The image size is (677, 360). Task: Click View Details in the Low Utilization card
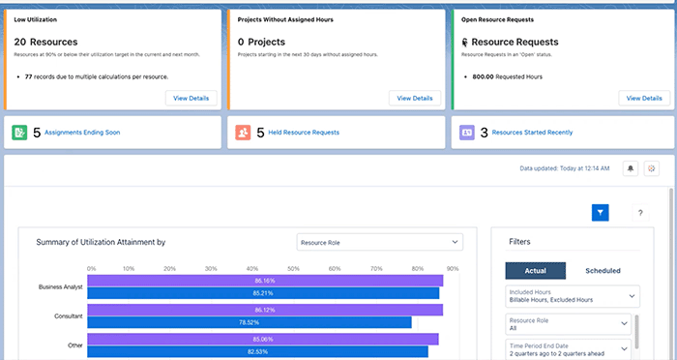pos(191,98)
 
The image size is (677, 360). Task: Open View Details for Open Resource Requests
pos(643,98)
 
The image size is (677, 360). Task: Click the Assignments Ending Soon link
pos(81,132)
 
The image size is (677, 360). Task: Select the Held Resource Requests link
pos(305,132)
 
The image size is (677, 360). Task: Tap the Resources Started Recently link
pos(531,132)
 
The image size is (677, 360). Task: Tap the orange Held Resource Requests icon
pos(243,132)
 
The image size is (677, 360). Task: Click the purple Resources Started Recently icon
pos(467,132)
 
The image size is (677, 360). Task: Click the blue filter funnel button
pos(600,212)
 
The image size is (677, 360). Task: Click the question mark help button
pos(640,212)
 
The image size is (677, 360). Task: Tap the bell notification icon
pos(630,168)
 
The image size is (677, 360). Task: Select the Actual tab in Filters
pos(536,270)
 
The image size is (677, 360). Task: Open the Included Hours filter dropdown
pos(572,296)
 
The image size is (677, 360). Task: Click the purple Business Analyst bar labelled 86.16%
pos(266,281)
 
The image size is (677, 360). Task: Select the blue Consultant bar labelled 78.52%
pos(250,322)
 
